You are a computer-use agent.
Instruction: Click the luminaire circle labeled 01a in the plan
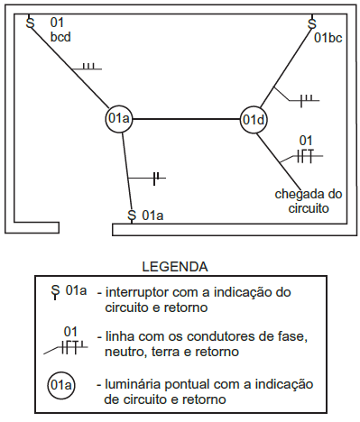click(119, 118)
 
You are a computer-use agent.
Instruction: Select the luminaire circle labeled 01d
click(254, 118)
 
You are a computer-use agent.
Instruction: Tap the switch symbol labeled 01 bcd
click(30, 21)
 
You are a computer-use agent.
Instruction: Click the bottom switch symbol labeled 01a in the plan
click(133, 216)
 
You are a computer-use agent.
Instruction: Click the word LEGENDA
click(176, 267)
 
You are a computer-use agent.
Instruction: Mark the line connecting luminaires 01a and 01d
click(186, 118)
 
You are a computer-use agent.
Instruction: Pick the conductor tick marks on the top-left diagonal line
click(87, 67)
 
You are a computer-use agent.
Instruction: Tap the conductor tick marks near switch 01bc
click(305, 96)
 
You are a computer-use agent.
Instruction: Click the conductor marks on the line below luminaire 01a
click(156, 175)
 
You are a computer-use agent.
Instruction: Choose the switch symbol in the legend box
click(56, 291)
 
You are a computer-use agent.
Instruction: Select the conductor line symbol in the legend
click(70, 341)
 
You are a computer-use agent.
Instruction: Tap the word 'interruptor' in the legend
click(140, 292)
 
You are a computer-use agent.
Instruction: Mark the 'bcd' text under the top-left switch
click(60, 37)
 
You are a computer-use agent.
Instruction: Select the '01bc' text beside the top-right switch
click(328, 38)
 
